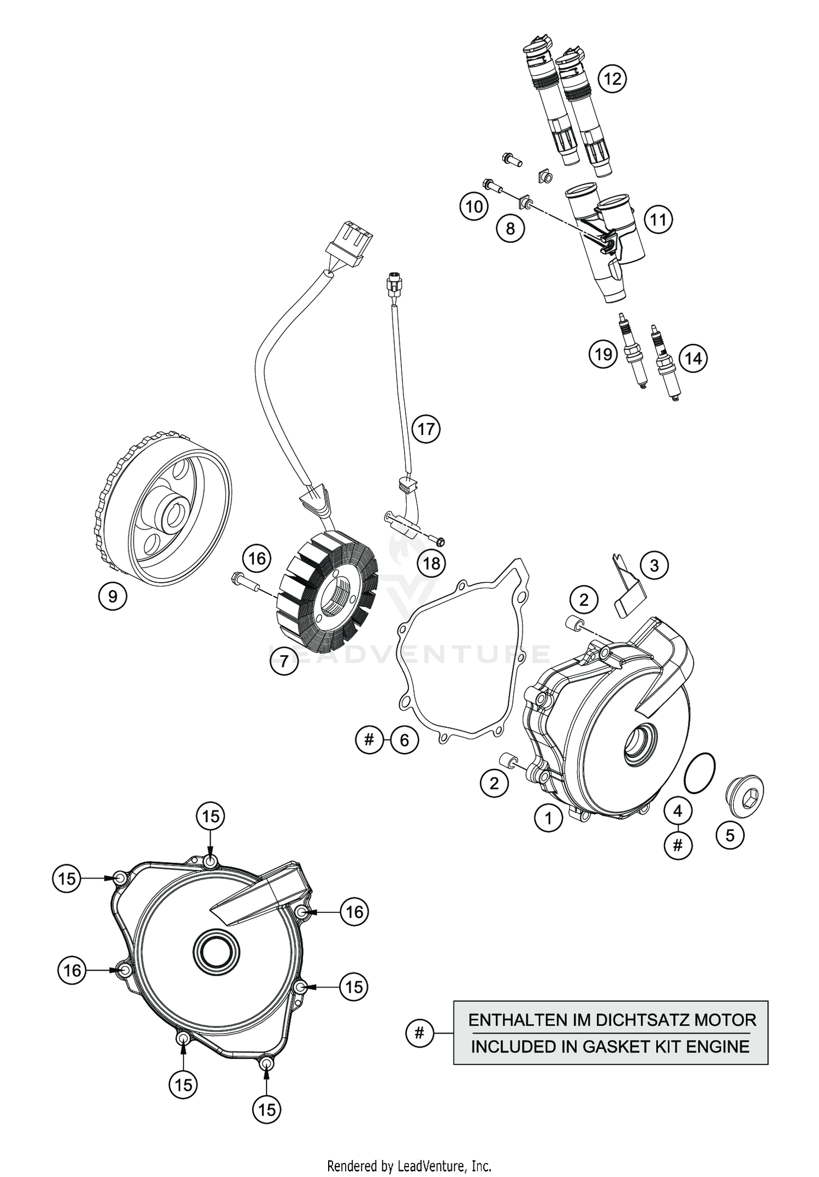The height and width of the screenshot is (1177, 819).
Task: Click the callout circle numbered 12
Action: coord(612,79)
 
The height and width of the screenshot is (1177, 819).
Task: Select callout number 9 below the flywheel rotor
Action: coord(112,596)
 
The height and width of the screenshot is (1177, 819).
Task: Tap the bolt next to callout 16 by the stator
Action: coord(244,582)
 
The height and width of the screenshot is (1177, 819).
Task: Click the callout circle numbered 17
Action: coord(426,429)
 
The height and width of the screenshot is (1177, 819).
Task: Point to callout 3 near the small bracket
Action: coord(654,566)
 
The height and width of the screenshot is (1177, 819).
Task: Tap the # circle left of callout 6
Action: coord(370,740)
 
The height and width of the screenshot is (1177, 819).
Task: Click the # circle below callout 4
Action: coord(678,845)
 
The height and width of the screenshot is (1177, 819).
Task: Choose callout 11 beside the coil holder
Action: coord(658,219)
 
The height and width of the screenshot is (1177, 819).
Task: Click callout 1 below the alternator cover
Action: coord(549,817)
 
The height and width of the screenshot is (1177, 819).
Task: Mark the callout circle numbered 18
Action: coord(431,563)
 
